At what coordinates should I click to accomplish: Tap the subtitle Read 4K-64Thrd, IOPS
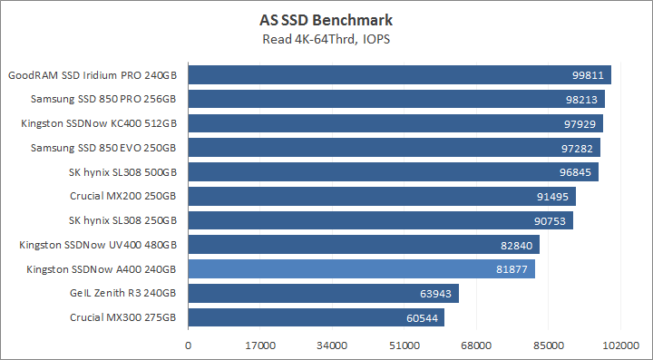pyautogui.click(x=326, y=38)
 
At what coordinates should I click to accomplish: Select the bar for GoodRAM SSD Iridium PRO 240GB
pyautogui.click(x=399, y=74)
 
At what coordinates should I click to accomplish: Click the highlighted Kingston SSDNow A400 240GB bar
pyautogui.click(x=361, y=268)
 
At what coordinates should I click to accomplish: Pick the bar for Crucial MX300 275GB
pyautogui.click(x=316, y=317)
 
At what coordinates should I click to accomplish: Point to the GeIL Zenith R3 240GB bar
pyautogui.click(x=323, y=293)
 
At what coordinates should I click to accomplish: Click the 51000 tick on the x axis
pyautogui.click(x=404, y=345)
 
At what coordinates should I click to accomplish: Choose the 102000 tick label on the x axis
pyautogui.click(x=620, y=345)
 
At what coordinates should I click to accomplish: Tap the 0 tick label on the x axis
pyautogui.click(x=188, y=345)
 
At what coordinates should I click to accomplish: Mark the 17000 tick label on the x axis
pyautogui.click(x=260, y=345)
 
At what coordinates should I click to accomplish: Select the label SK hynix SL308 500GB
pyautogui.click(x=122, y=171)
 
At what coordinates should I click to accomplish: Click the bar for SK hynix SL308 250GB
pyautogui.click(x=380, y=220)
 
